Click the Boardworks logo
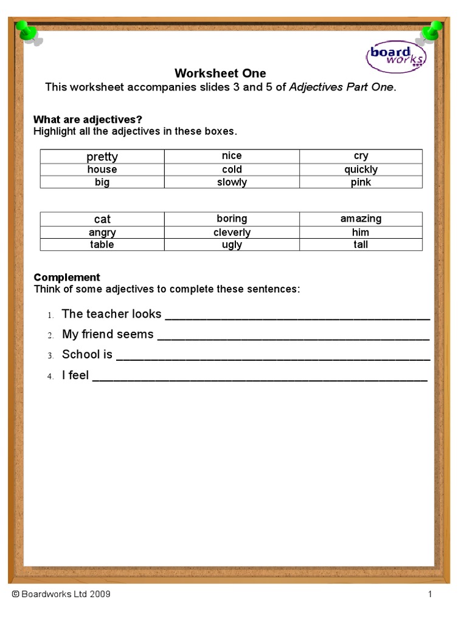396,56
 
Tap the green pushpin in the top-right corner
432,31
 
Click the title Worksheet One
220,73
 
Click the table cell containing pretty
102,156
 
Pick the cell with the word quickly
361,169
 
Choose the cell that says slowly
232,182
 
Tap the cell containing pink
361,182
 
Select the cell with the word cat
102,219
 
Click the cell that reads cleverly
232,232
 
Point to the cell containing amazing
361,219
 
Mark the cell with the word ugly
232,245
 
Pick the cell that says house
102,169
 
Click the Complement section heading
67,278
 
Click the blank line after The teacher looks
297,315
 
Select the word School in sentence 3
80,355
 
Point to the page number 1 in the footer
429,594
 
